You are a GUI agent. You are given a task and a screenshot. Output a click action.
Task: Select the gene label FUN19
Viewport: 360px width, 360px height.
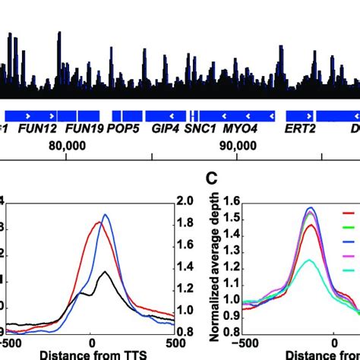[x=84, y=129]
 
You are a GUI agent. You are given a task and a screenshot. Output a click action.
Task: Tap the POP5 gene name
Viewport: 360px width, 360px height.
[x=123, y=129]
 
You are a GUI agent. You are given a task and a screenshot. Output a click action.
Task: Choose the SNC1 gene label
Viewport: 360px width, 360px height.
[x=201, y=129]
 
